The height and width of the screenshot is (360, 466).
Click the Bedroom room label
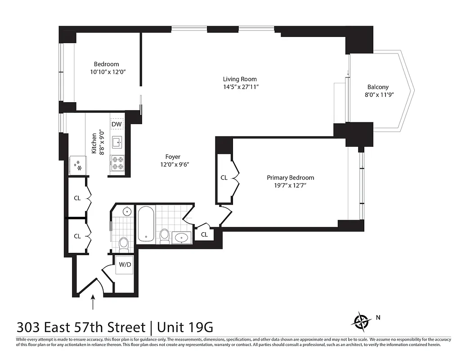pos(106,64)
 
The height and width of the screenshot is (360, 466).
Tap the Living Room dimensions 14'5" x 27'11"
pos(241,87)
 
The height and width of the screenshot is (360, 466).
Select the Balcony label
pos(377,87)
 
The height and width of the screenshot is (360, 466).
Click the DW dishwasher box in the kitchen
pos(116,124)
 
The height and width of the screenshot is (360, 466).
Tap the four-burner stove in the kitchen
pos(117,163)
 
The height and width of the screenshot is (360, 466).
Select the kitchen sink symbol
pos(117,143)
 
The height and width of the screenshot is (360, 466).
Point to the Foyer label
pos(173,157)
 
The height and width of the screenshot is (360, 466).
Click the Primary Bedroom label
pos(290,177)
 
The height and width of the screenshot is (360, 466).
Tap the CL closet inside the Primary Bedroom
pos(224,178)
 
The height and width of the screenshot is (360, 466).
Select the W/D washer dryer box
pos(125,264)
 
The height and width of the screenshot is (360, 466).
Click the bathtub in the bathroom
pos(145,224)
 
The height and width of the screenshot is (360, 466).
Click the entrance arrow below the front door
pos(93,302)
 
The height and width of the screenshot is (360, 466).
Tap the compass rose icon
pos(361,321)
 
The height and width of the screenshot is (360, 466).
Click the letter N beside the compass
pos(378,317)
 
